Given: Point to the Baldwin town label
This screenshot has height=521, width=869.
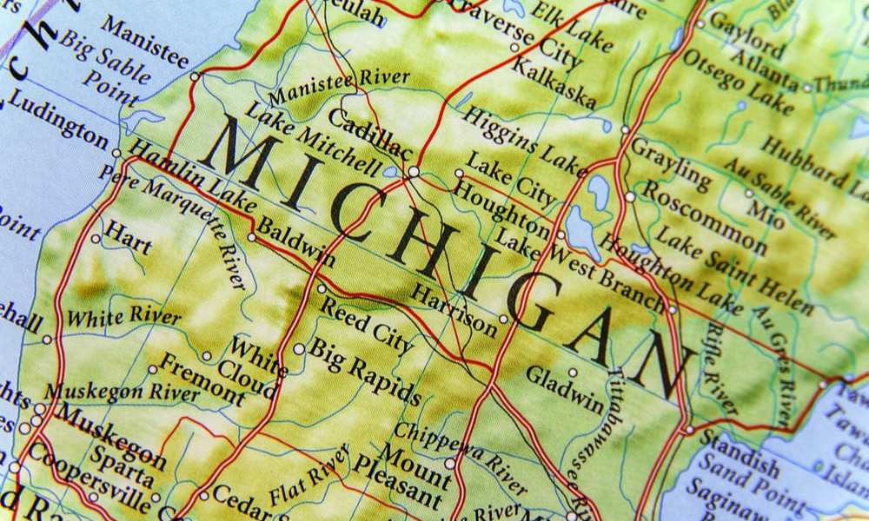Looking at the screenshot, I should tap(297, 244).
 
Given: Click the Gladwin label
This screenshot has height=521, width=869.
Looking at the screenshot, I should tap(566, 392).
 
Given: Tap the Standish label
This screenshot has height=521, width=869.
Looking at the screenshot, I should tap(739, 445).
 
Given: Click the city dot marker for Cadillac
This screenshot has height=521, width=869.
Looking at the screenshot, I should tap(414, 172).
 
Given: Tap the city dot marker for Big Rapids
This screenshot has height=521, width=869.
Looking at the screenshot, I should tap(298, 348).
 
